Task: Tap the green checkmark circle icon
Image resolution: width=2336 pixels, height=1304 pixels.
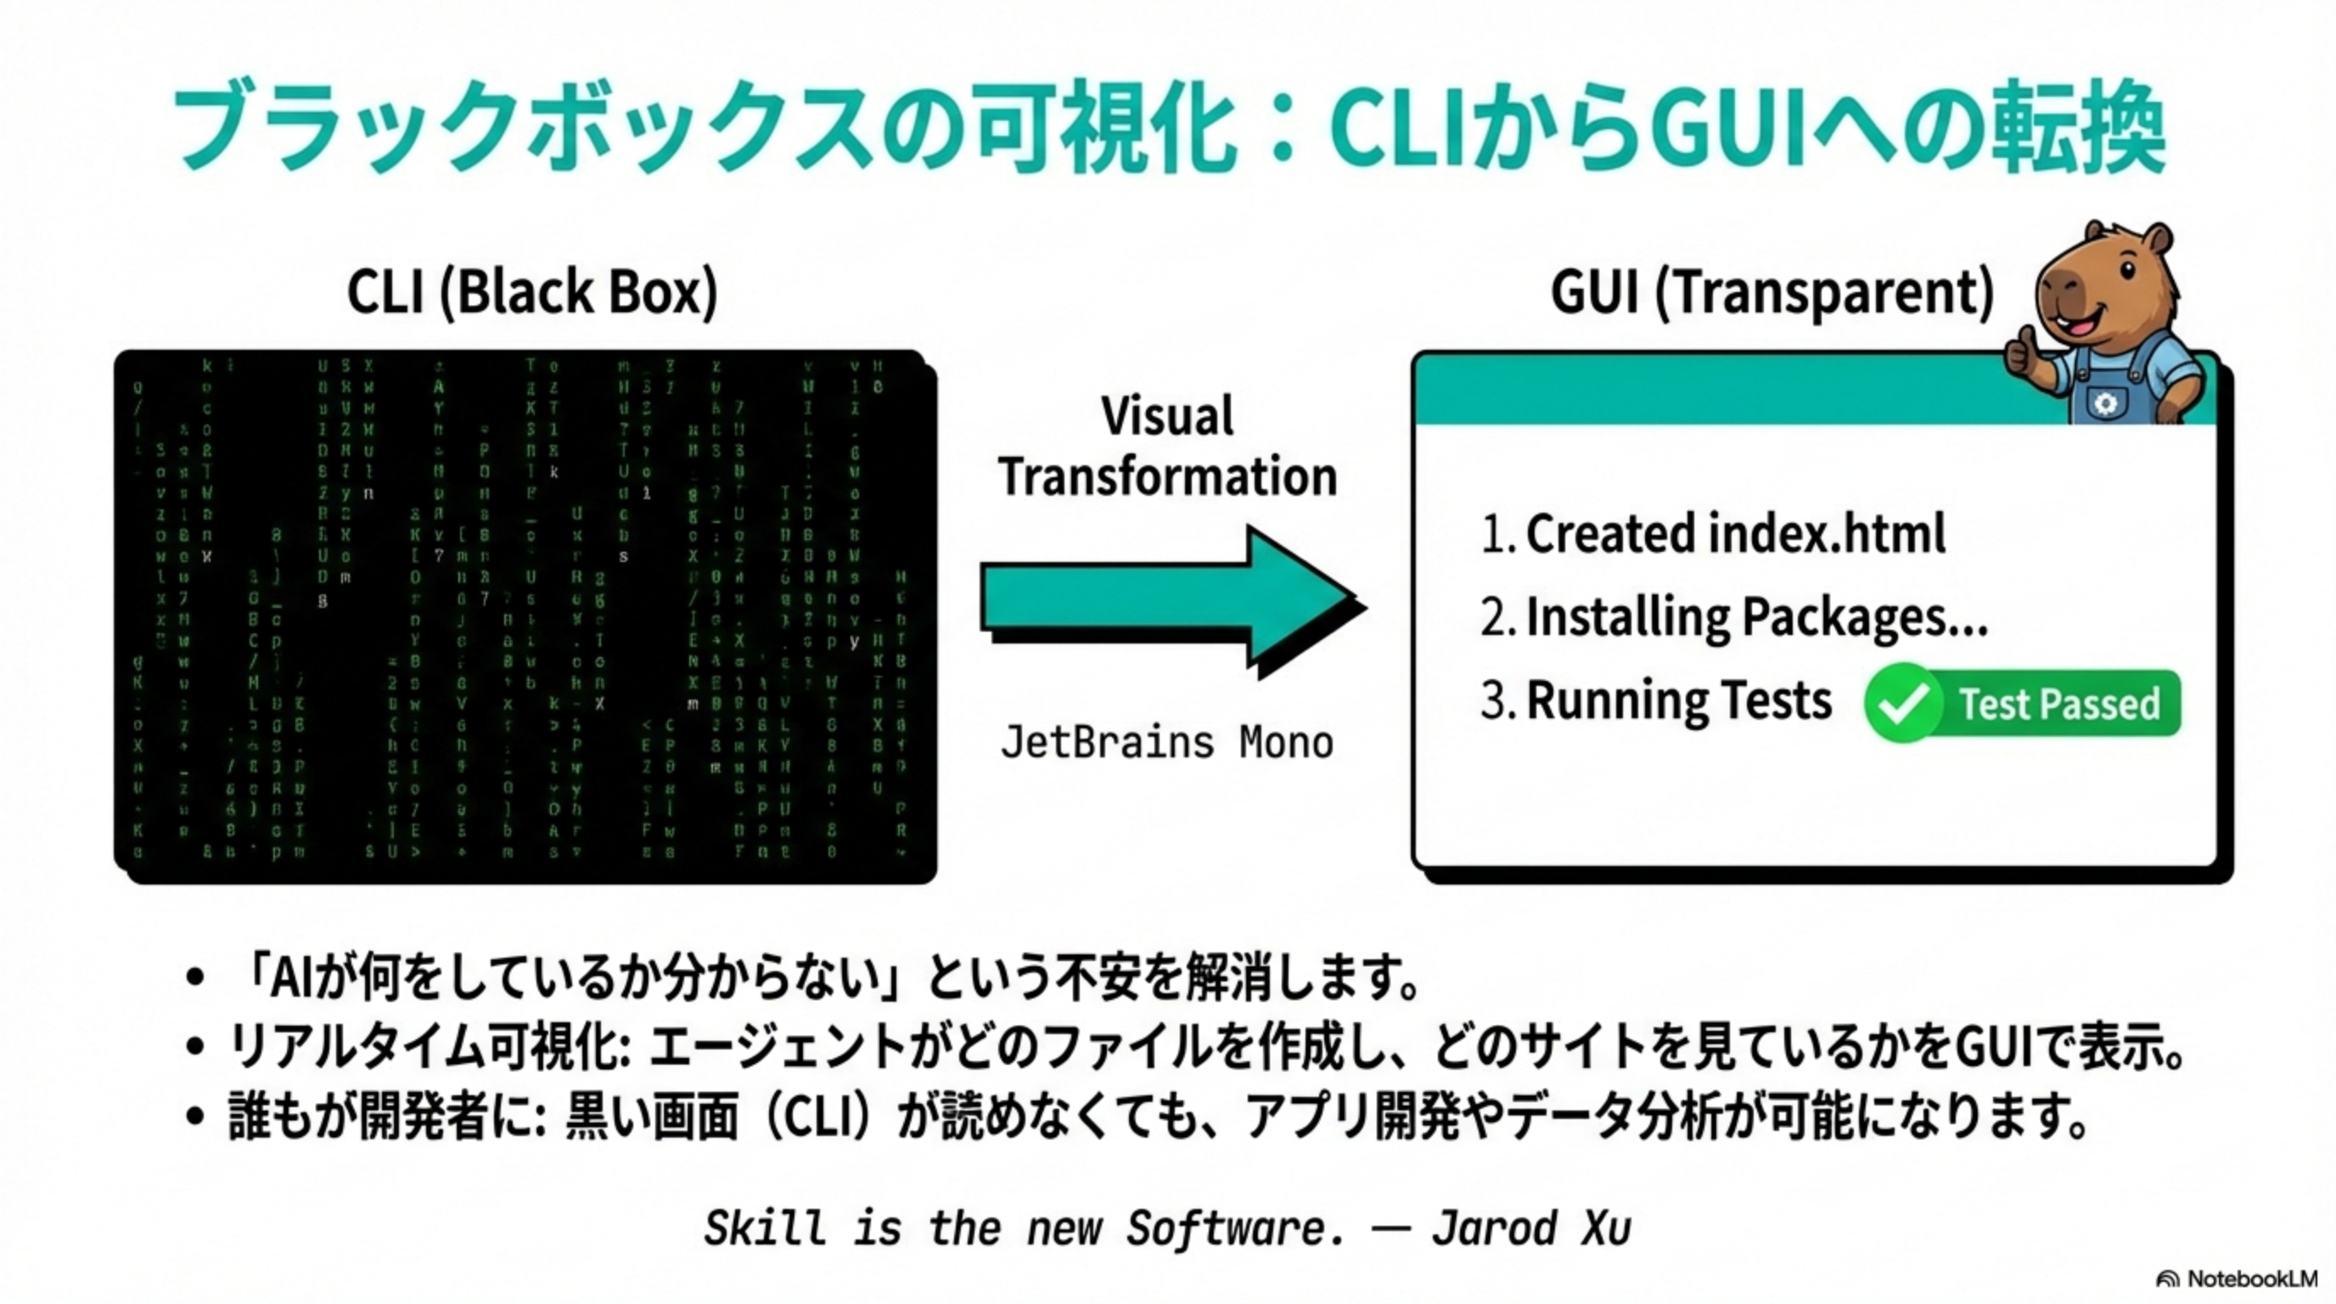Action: (x=1901, y=704)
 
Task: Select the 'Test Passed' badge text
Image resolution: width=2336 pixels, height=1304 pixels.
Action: (x=2059, y=705)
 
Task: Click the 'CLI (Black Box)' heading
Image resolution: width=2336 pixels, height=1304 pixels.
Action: (x=532, y=292)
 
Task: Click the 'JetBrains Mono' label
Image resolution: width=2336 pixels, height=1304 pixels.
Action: (x=1167, y=743)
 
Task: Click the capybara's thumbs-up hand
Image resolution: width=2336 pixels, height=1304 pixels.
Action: (x=2020, y=351)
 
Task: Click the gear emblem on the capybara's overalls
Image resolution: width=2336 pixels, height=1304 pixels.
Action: (x=2106, y=403)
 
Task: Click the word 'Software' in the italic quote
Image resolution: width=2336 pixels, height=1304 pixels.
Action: (x=1234, y=1228)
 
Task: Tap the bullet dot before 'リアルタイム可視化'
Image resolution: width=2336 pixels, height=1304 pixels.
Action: (x=195, y=1047)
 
